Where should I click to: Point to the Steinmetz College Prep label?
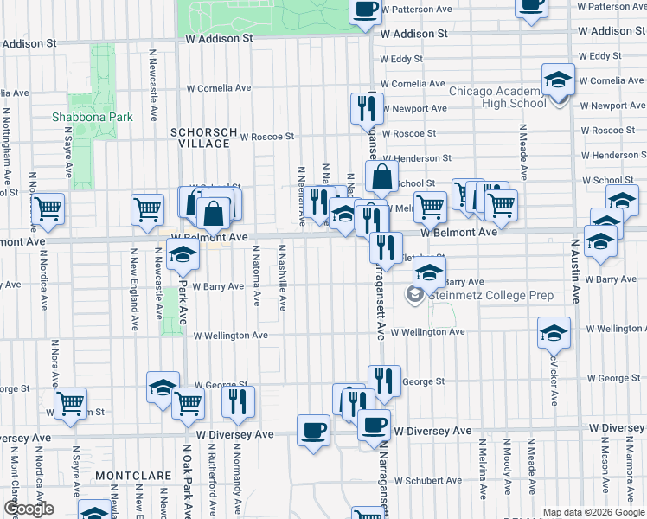pyautogui.click(x=490, y=296)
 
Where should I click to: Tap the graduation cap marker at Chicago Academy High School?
pyautogui.click(x=559, y=82)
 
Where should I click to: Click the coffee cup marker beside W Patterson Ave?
pyautogui.click(x=365, y=10)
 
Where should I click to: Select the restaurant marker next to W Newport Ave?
pyautogui.click(x=367, y=107)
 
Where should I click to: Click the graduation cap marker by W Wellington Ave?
pyautogui.click(x=554, y=332)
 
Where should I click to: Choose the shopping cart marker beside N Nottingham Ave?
pyautogui.click(x=48, y=208)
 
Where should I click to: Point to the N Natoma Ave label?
pyautogui.click(x=256, y=274)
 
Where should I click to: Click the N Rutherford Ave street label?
pyautogui.click(x=210, y=480)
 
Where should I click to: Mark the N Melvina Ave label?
pyautogui.click(x=480, y=471)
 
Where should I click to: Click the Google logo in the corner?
pyautogui.click(x=28, y=509)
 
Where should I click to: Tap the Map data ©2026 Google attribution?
pyautogui.click(x=593, y=512)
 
